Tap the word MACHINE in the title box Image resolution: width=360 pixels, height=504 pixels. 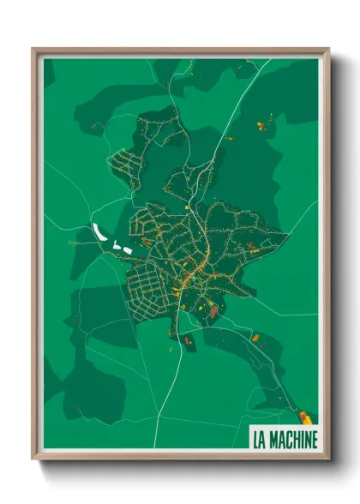[293, 440]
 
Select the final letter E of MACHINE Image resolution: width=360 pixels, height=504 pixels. [315, 440]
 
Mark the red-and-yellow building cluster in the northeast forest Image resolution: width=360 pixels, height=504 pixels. [261, 127]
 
